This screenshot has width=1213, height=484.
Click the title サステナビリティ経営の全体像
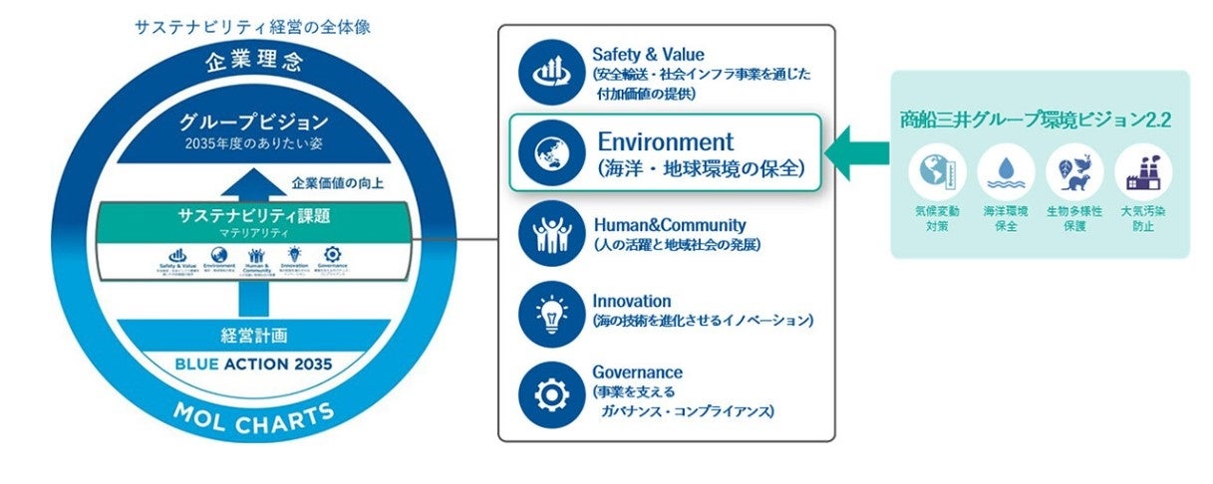[x=252, y=27]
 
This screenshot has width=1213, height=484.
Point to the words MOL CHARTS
[x=253, y=419]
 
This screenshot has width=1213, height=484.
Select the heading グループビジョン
[x=253, y=122]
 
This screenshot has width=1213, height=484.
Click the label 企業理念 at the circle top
[x=253, y=63]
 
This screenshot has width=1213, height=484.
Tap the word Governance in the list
[x=637, y=371]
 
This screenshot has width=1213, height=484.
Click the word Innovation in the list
[x=631, y=301]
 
